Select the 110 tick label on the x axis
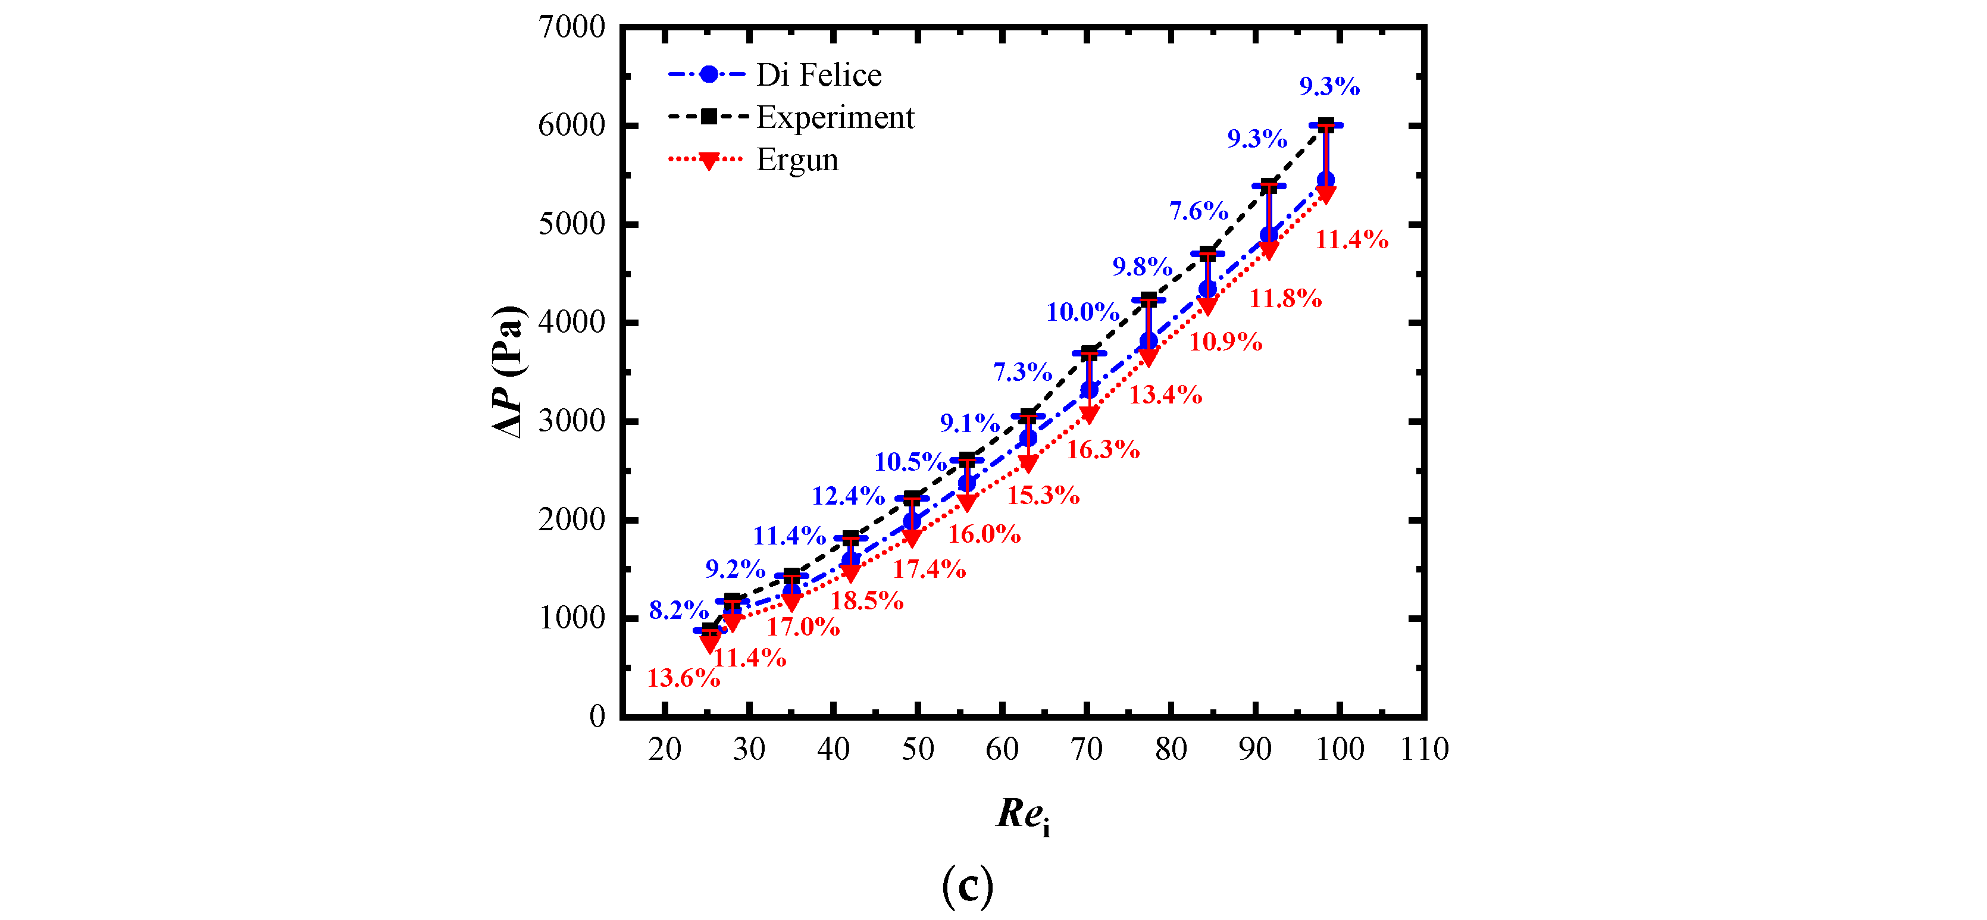(x=1424, y=749)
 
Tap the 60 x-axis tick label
(x=1002, y=749)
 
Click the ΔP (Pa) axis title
(x=508, y=372)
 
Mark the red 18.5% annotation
(x=866, y=600)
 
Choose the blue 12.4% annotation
(x=848, y=495)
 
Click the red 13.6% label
(x=683, y=678)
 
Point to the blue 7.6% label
(x=1198, y=211)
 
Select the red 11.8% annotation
(x=1285, y=298)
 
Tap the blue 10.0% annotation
(x=1082, y=312)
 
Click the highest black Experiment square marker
(x=1325, y=125)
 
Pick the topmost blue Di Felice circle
(x=1325, y=180)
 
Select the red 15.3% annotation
(x=1043, y=495)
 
